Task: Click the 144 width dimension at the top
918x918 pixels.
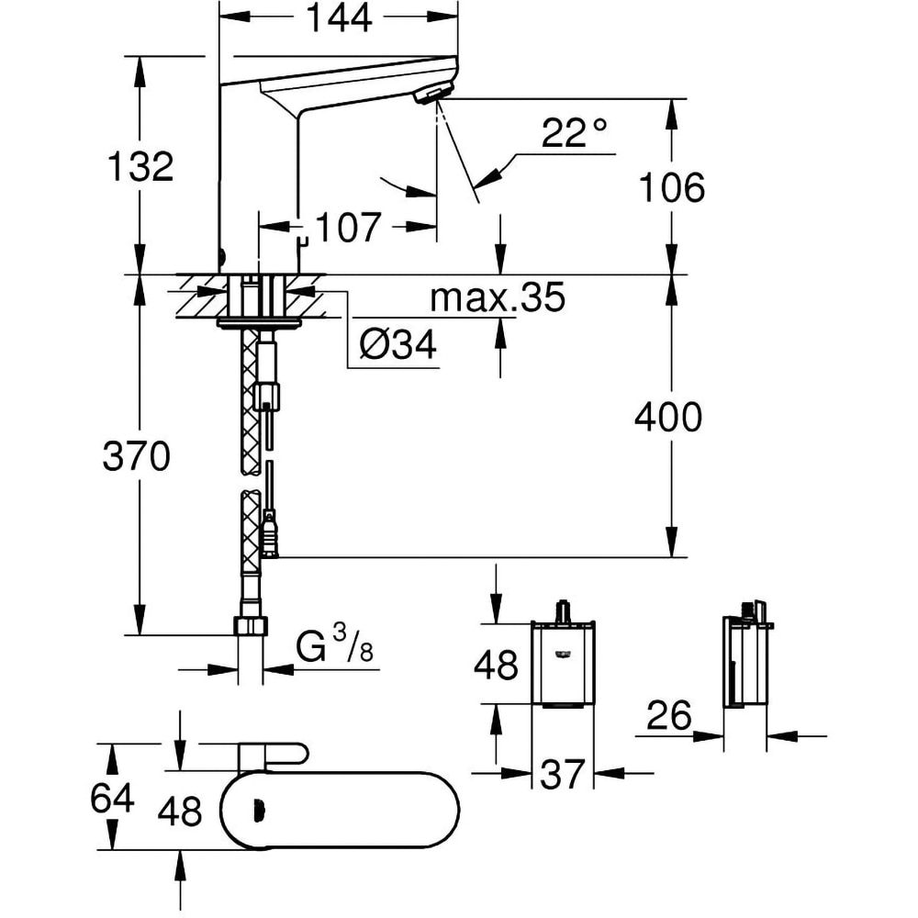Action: point(337,17)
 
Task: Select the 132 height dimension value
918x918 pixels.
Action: point(140,167)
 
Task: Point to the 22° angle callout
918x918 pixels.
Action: point(575,134)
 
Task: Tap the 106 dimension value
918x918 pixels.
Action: point(673,187)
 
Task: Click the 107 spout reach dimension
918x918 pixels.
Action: point(348,227)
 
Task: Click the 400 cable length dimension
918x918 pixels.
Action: point(667,418)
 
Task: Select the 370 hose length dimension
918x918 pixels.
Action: point(136,456)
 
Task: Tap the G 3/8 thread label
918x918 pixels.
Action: point(336,648)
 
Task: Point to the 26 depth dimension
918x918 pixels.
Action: point(668,717)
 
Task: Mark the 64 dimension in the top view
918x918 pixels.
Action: point(112,798)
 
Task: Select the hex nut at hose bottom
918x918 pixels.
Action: point(252,627)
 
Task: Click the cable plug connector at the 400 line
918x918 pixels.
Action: point(269,537)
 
